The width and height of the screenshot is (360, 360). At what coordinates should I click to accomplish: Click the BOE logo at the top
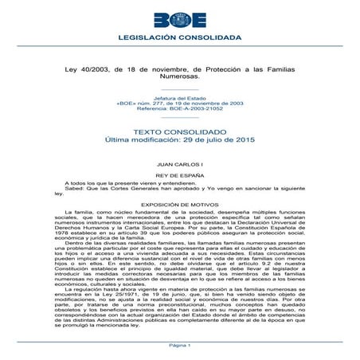(x=180, y=18)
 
